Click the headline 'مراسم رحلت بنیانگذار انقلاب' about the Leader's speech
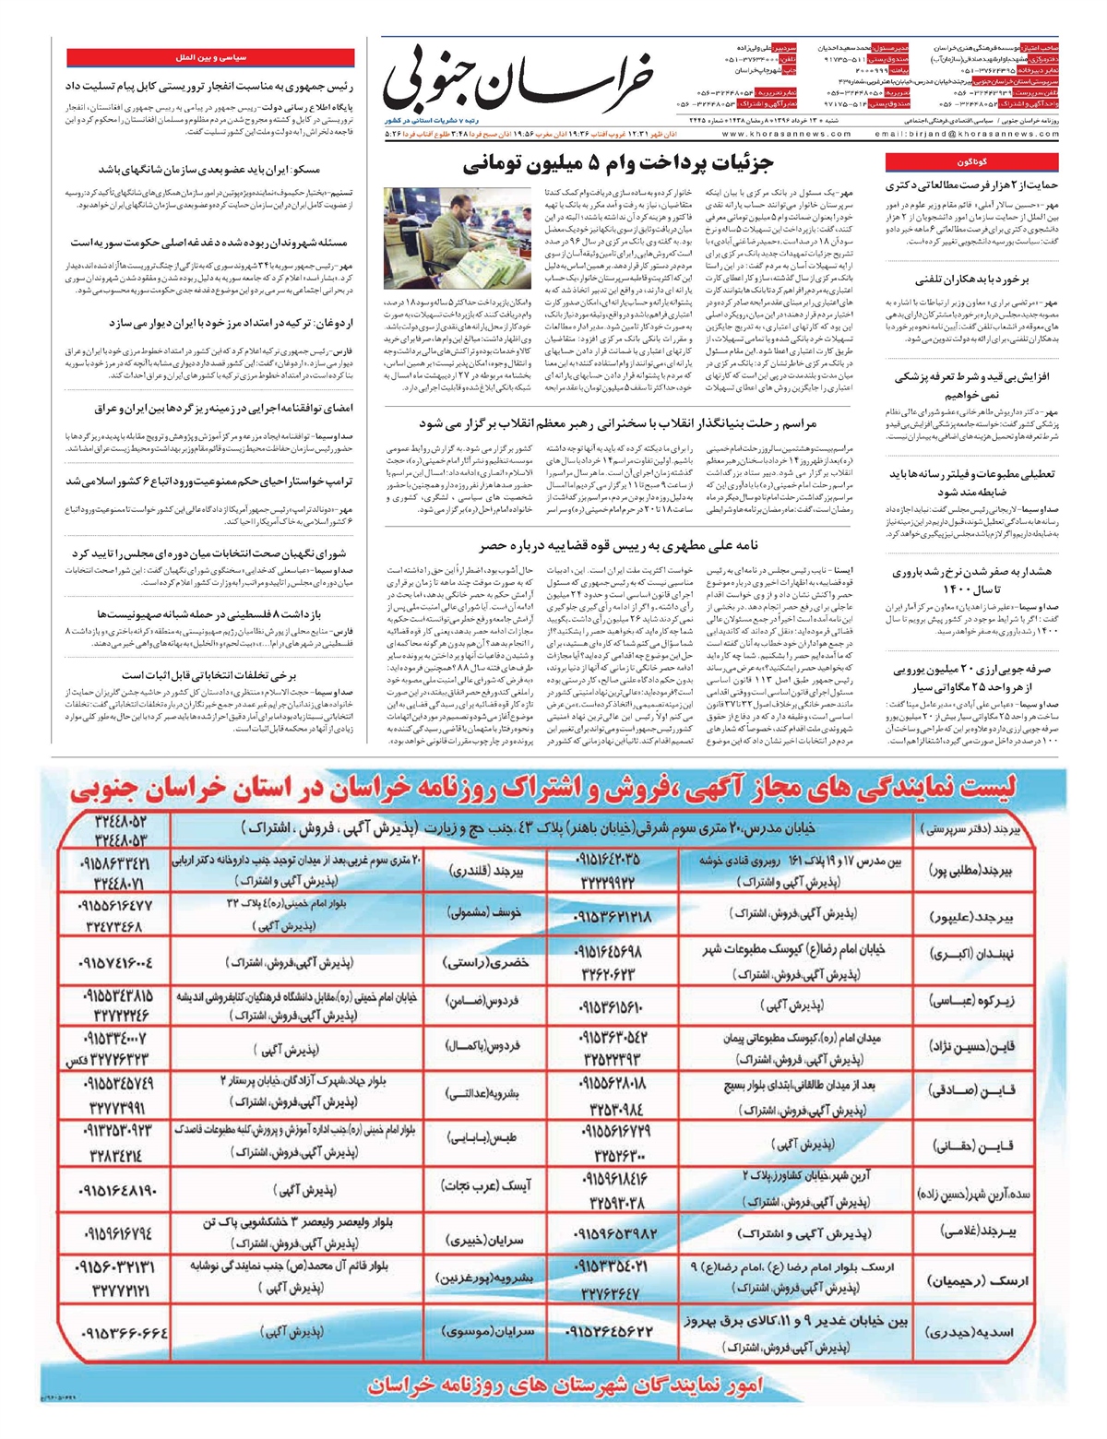click(618, 423)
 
